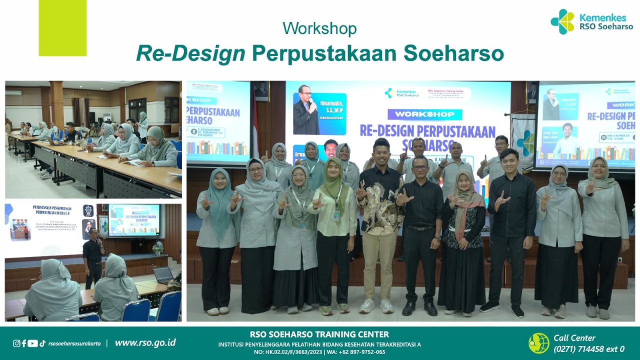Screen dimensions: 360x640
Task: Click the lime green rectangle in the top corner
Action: (62, 27)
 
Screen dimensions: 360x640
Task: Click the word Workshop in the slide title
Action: (319, 28)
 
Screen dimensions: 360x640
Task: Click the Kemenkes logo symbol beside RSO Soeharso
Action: (562, 21)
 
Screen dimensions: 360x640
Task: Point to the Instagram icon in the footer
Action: (16, 343)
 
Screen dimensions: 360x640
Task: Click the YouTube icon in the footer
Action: (33, 343)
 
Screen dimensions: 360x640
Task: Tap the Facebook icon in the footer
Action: (24, 343)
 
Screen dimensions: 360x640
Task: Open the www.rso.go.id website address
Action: (145, 342)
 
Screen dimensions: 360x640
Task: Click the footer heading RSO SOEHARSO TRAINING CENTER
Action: (319, 334)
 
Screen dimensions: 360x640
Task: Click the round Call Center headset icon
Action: (538, 343)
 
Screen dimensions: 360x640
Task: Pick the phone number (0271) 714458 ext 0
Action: (589, 349)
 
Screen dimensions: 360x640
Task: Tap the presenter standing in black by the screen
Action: (93, 260)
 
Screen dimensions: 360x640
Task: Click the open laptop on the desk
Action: (162, 275)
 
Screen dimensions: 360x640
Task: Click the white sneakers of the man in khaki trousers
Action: (376, 305)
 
